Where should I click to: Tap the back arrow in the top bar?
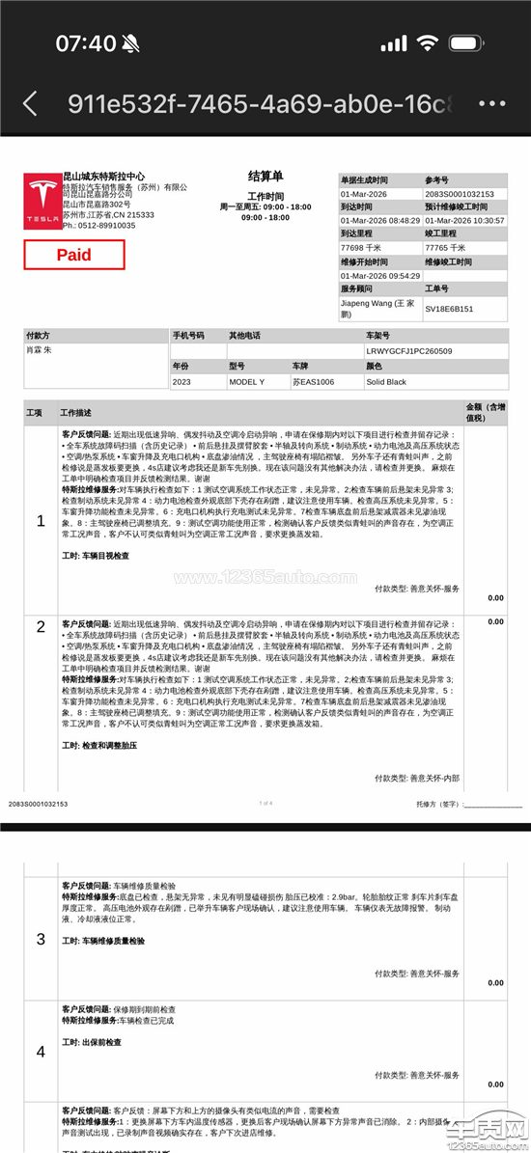tap(30, 103)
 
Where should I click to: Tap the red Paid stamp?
tap(74, 255)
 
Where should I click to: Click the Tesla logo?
tap(42, 202)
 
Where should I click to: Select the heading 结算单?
tap(265, 177)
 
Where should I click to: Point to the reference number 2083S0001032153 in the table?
tap(460, 193)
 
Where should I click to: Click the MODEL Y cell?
tap(248, 381)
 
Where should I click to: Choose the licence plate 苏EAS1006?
tap(313, 381)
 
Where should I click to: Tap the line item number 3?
tap(41, 939)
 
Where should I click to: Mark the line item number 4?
tap(41, 1051)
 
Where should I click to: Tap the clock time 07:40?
tap(85, 43)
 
